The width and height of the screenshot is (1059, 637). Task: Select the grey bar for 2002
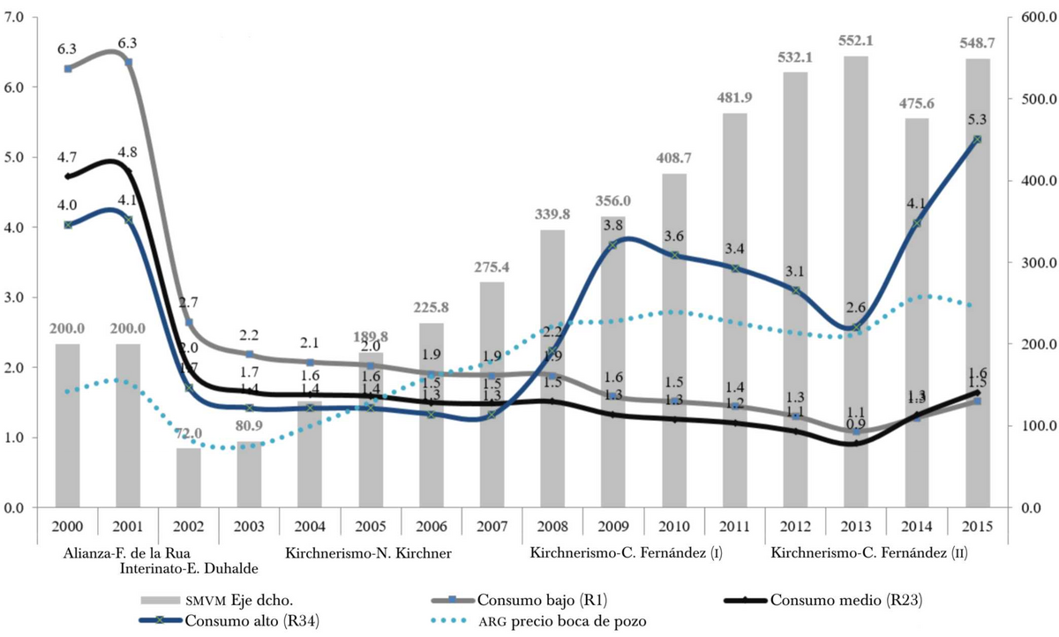click(189, 477)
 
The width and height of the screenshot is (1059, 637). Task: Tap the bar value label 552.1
click(855, 41)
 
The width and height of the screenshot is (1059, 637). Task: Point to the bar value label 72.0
click(189, 433)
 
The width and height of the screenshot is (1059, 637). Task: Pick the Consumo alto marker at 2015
click(977, 139)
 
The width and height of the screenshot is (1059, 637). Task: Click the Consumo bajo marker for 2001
click(129, 62)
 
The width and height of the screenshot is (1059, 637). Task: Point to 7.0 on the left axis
click(15, 18)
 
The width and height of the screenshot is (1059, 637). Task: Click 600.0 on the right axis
click(1025, 18)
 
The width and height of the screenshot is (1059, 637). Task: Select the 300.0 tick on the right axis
click(1025, 263)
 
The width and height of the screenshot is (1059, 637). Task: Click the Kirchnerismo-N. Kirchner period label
click(368, 553)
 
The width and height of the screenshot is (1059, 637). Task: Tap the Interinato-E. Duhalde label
click(189, 567)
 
